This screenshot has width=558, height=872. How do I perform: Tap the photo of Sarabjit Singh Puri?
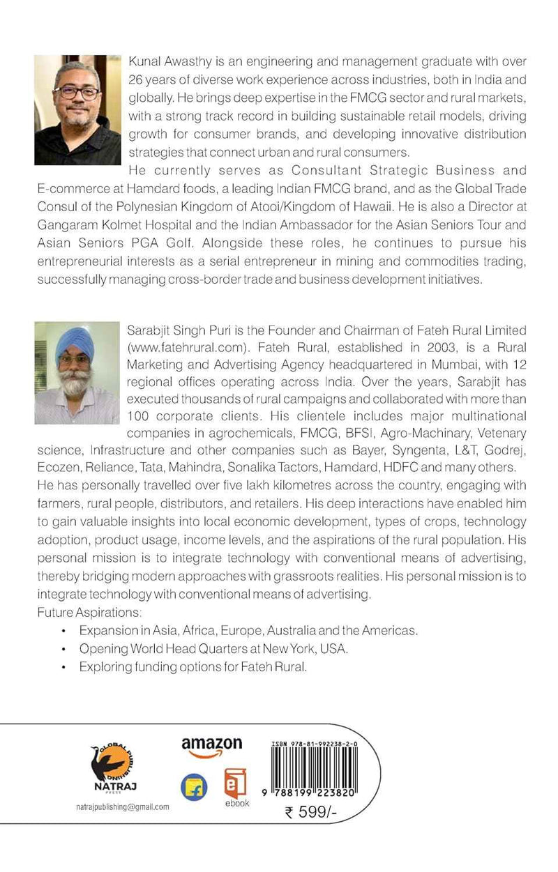coord(76,373)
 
